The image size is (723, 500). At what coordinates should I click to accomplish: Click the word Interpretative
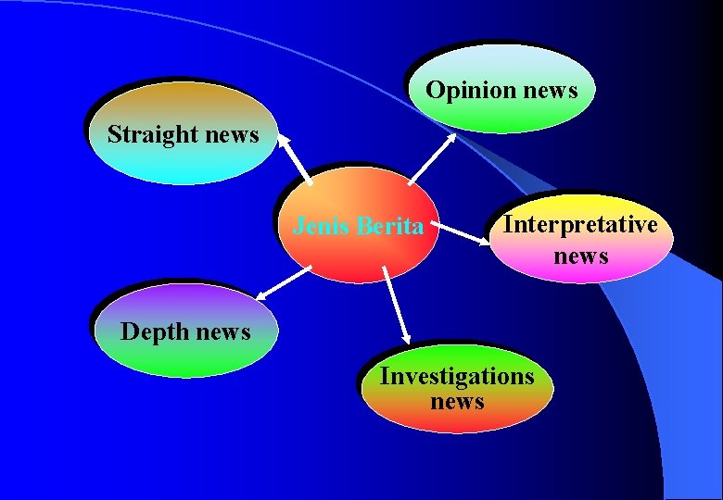point(580,225)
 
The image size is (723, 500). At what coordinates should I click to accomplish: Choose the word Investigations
point(457,377)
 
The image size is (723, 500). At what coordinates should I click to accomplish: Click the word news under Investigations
point(457,402)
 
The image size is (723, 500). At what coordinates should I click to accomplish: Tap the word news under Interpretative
point(581,255)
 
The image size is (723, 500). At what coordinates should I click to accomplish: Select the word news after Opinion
point(550,91)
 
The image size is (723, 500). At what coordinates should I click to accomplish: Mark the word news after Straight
point(233,134)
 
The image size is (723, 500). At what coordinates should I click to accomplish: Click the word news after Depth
point(222,331)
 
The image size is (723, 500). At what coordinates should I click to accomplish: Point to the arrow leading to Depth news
point(283,281)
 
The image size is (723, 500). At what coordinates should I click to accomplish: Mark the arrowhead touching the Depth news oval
point(260,295)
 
